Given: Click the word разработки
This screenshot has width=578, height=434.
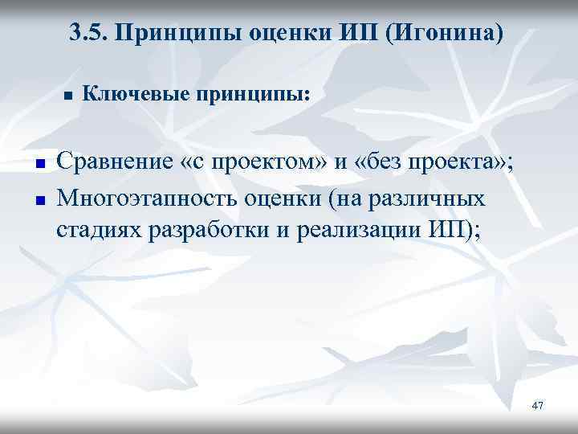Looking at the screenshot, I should pos(204,231).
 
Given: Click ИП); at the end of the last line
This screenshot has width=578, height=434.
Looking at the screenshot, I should pos(452,231).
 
